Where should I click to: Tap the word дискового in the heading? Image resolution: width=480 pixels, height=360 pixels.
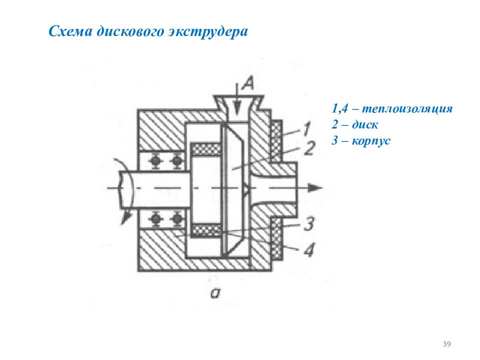click(130, 31)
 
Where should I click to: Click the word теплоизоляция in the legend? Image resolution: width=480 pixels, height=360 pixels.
click(407, 108)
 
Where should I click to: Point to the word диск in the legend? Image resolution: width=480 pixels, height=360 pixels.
click(365, 124)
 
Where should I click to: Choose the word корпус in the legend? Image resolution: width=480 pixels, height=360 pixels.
click(371, 141)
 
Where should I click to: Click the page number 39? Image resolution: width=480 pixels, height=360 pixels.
click(446, 344)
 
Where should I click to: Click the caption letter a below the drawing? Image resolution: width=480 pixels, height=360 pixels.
click(215, 293)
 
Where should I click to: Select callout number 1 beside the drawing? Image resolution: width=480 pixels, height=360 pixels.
click(307, 129)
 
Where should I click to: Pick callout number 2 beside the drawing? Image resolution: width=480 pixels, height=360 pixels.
click(310, 148)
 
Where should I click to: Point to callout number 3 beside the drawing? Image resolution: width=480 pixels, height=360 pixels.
click(309, 224)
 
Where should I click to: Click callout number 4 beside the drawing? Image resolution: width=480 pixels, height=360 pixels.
click(309, 249)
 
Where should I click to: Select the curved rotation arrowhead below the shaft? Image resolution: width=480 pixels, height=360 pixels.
click(125, 218)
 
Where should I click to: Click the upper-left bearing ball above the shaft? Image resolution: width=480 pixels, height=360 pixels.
click(156, 160)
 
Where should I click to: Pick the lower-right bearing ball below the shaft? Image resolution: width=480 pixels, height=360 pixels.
click(176, 218)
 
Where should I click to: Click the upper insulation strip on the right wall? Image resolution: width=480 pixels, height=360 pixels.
click(276, 140)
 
